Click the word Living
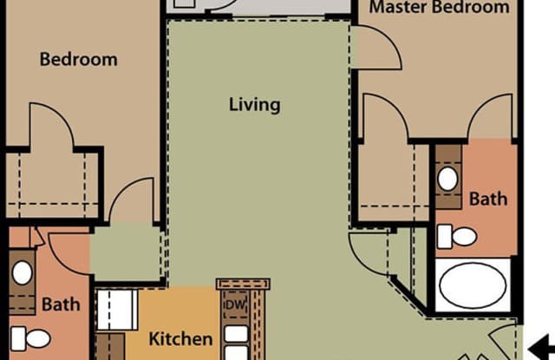click(x=254, y=105)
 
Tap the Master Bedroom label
click(x=440, y=8)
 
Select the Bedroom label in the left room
click(x=78, y=60)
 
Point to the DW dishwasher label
click(x=235, y=305)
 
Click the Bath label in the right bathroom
click(x=488, y=199)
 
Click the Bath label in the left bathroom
click(x=61, y=304)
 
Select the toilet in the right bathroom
click(x=457, y=236)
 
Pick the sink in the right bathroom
click(x=447, y=180)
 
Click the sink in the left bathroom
click(x=22, y=272)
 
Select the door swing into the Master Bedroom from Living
click(x=377, y=48)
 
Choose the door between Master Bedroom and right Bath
click(x=490, y=117)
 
